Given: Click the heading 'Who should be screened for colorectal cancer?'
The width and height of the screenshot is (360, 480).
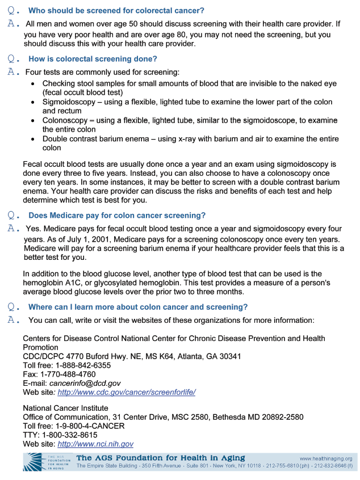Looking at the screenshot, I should coord(116,11).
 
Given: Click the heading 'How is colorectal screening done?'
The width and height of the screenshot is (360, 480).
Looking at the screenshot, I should coord(93,59).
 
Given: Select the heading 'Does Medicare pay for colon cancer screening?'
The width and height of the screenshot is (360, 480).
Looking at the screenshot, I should coord(117,216).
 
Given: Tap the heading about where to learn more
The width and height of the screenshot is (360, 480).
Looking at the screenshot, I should coord(138,307).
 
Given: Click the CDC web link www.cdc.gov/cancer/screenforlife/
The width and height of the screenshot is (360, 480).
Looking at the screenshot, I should coord(126,392).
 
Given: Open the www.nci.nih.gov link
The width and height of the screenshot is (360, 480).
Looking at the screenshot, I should coord(95,444).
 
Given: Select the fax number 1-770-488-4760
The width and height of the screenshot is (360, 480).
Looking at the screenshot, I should coord(67,374).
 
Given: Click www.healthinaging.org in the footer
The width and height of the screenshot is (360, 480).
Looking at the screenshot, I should coord(325,458).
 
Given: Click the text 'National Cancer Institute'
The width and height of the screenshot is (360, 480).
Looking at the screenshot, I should coord(65,408).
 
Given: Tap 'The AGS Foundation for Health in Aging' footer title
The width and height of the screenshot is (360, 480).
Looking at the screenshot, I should coord(161,458).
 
